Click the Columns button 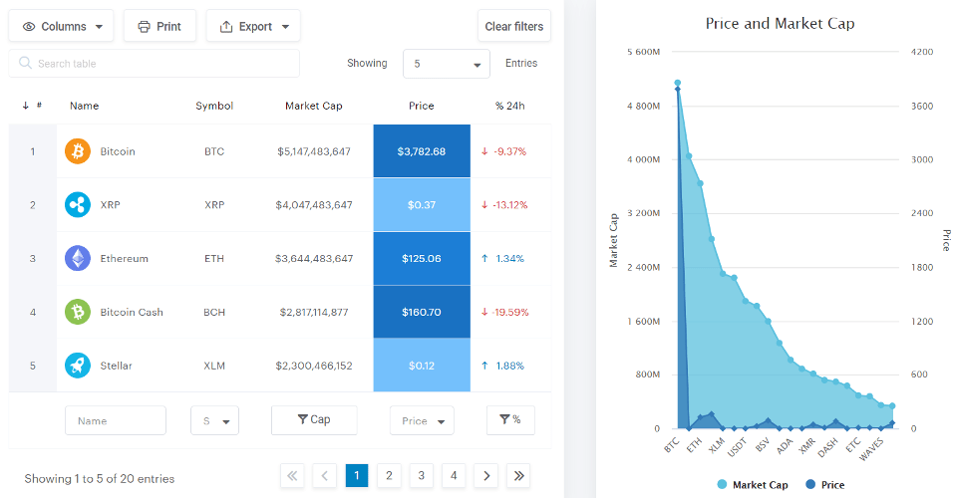pos(61,26)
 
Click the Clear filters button pos(513,26)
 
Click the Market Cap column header pos(313,106)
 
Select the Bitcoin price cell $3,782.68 pos(421,151)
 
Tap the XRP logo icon pos(78,205)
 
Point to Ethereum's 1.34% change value pos(509,259)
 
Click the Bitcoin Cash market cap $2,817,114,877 pos(313,313)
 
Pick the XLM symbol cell pos(214,366)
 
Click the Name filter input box pos(115,420)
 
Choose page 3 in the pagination pos(421,476)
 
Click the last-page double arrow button pos(517,476)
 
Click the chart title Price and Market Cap pos(780,23)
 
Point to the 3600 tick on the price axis pos(921,106)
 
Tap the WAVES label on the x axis pos(872,451)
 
